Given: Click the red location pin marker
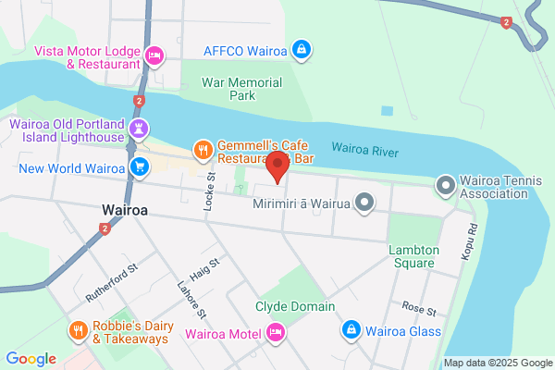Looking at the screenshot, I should [277, 167].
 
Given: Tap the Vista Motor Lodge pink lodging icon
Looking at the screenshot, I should [154, 56].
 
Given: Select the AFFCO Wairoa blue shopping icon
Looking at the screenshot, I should [301, 48].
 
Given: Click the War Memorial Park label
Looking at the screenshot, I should [241, 88].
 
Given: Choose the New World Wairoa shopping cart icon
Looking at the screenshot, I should [140, 167].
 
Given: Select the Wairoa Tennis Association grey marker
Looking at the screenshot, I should [445, 186].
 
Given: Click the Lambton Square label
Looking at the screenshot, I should [411, 256].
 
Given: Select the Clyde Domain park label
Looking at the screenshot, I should [295, 306].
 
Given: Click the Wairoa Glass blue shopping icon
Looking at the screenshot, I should [351, 330].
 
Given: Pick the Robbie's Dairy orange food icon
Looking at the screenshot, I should [78, 330].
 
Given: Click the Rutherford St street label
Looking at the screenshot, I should [111, 282].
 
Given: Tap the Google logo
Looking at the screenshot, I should [31, 358].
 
